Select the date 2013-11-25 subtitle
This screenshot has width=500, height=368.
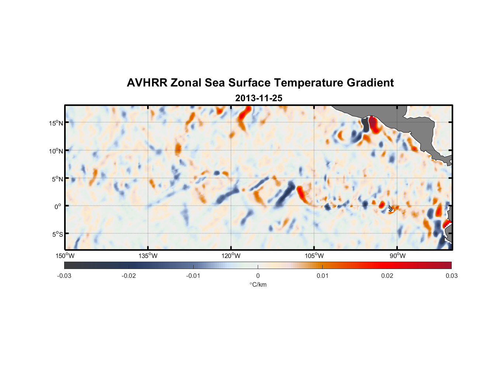(x=258, y=98)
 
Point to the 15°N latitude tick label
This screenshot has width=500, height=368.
(x=56, y=123)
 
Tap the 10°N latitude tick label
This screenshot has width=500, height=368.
(x=56, y=151)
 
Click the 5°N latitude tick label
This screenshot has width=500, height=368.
(x=57, y=179)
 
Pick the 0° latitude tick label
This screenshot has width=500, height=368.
(x=57, y=206)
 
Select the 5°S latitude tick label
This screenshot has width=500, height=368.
(x=57, y=234)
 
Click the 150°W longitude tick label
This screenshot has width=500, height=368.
(x=65, y=256)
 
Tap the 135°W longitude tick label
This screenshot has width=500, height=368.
(x=148, y=256)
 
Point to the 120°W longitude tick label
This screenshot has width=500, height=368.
(x=231, y=256)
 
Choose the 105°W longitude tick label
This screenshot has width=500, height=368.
(x=314, y=256)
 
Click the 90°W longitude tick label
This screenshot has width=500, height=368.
(x=397, y=256)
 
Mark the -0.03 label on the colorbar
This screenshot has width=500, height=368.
(x=64, y=276)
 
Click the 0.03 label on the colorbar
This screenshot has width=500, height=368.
(x=451, y=276)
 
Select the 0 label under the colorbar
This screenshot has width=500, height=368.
(x=258, y=276)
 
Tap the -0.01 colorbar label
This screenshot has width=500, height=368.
(x=193, y=276)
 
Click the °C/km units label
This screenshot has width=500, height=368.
(x=258, y=284)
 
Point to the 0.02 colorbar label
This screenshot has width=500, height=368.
(x=387, y=276)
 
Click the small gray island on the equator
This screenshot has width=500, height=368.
(x=390, y=208)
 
